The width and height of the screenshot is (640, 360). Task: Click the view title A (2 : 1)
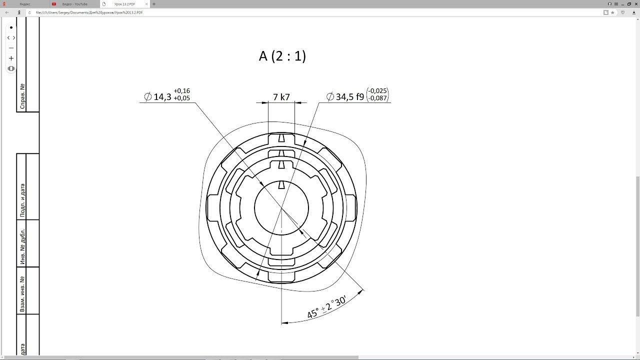pyautogui.click(x=282, y=56)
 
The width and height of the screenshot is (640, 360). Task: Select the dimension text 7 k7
pyautogui.click(x=281, y=97)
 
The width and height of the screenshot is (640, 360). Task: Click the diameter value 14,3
pyautogui.click(x=162, y=97)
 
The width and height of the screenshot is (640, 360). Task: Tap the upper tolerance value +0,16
pyautogui.click(x=181, y=91)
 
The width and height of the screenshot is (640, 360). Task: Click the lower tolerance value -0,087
pyautogui.click(x=377, y=98)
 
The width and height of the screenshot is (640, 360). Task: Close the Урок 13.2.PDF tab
pyautogui.click(x=146, y=4)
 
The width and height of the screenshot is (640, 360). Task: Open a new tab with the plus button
pyautogui.click(x=154, y=4)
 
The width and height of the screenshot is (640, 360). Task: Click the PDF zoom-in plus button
pyautogui.click(x=11, y=58)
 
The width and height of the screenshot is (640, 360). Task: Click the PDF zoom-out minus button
pyautogui.click(x=11, y=48)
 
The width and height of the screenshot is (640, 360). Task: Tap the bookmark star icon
pyautogui.click(x=612, y=12)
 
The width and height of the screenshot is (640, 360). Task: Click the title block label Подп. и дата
pyautogui.click(x=22, y=200)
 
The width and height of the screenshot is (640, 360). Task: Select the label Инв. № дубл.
pyautogui.click(x=22, y=246)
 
